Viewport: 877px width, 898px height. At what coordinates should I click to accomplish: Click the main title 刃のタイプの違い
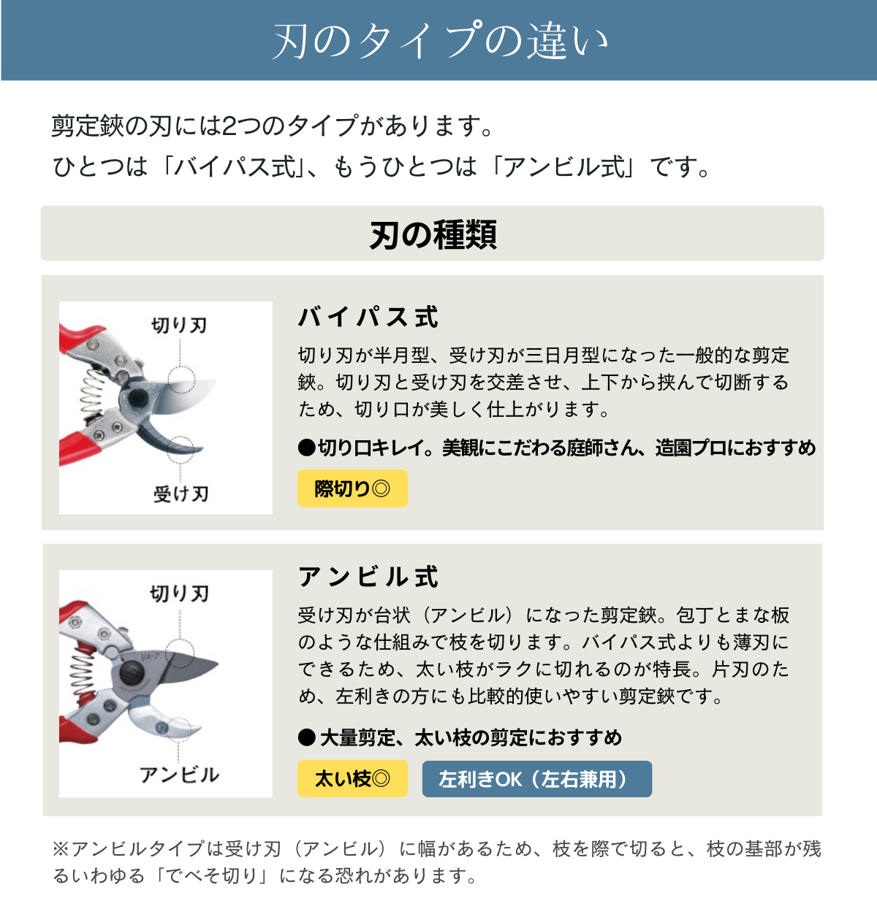pyautogui.click(x=439, y=40)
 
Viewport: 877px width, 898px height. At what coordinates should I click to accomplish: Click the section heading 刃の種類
pyautogui.click(x=433, y=234)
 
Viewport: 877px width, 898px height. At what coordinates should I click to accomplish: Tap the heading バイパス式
pyautogui.click(x=368, y=318)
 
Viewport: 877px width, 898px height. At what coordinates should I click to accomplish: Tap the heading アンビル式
pyautogui.click(x=368, y=577)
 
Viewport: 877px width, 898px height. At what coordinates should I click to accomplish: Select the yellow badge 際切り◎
pyautogui.click(x=352, y=488)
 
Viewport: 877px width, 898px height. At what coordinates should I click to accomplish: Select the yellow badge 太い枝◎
pyautogui.click(x=352, y=779)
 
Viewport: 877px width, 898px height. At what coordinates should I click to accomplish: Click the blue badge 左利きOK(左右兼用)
pyautogui.click(x=536, y=779)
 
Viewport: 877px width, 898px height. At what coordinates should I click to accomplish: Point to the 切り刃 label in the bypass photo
pyautogui.click(x=179, y=325)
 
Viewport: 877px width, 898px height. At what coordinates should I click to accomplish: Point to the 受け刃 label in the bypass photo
pyautogui.click(x=181, y=494)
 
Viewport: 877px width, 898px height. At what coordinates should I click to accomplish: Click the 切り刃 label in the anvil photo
pyautogui.click(x=179, y=593)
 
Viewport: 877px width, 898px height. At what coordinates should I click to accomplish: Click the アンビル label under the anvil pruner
pyautogui.click(x=179, y=775)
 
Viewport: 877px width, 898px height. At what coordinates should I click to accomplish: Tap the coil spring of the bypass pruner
pyautogui.click(x=92, y=395)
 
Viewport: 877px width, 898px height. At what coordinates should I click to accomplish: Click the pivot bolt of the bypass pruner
pyautogui.click(x=137, y=399)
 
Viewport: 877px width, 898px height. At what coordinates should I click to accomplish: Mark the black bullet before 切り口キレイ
pyautogui.click(x=306, y=448)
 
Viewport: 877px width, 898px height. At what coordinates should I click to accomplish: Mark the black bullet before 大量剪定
pyautogui.click(x=306, y=737)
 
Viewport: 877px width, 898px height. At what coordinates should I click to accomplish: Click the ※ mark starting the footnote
pyautogui.click(x=60, y=848)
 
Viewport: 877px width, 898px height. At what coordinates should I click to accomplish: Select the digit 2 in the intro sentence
pyautogui.click(x=228, y=126)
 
